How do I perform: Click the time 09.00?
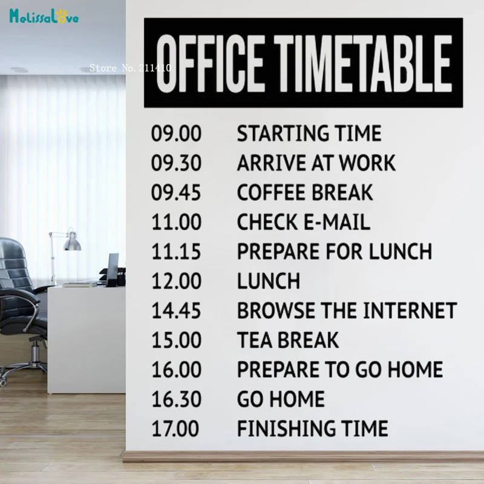176,133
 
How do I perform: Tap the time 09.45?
176,192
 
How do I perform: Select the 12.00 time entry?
176,281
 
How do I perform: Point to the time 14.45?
176,310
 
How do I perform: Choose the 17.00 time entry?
175,428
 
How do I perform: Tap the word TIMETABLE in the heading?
363,64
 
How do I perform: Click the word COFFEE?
272,192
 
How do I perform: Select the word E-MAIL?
337,222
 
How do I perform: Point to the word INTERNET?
410,310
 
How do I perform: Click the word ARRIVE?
272,163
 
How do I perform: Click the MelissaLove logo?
44,16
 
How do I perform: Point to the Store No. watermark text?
130,68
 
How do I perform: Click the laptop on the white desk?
113,269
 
